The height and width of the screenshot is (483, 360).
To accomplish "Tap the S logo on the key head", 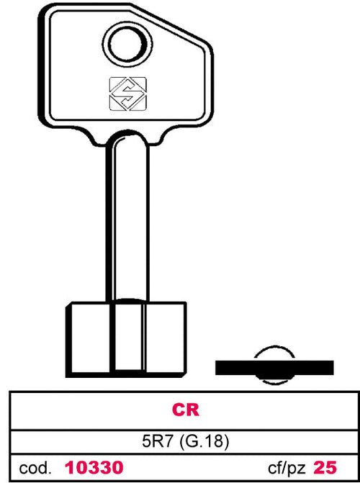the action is click(x=128, y=94).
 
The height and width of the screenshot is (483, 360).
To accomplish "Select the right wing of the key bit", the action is click(x=165, y=339).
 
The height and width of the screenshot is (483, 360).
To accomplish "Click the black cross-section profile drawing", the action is click(x=274, y=366).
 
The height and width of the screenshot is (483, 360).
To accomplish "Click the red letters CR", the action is click(x=186, y=410).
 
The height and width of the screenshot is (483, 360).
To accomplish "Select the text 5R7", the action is click(x=157, y=442).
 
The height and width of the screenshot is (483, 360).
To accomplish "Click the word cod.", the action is click(x=35, y=468).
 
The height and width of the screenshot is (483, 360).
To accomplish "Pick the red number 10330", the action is click(x=94, y=468).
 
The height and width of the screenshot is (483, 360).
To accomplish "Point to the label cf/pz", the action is click(x=287, y=469).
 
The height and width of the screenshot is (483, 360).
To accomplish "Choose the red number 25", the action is click(x=325, y=468).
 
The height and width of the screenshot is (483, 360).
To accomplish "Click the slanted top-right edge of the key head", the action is click(x=171, y=25).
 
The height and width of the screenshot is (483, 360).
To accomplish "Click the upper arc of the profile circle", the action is click(x=274, y=346).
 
